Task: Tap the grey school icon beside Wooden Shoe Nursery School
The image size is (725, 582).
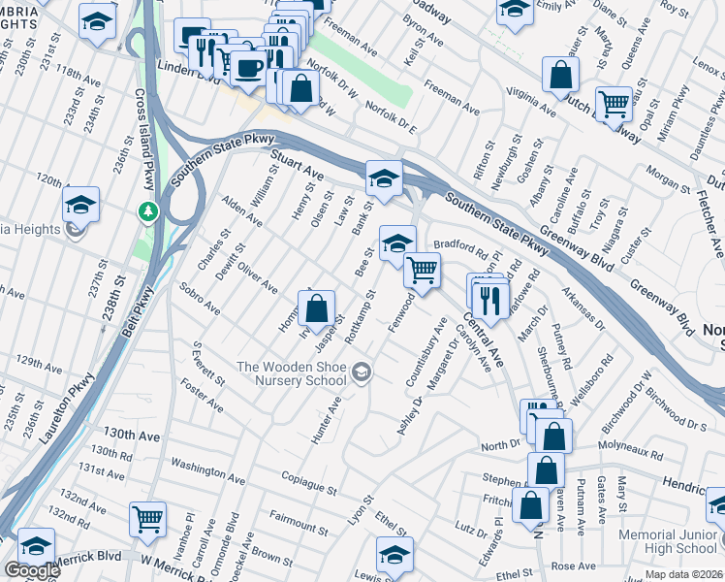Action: coord(362,372)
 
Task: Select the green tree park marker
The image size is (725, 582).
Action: coord(146,210)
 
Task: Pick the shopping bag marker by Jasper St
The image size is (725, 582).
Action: coord(317,308)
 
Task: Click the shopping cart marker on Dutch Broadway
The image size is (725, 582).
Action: coord(614,102)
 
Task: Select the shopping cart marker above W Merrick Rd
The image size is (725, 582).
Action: coord(147,518)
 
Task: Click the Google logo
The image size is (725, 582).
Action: coord(32,570)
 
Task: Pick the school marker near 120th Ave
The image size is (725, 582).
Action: coord(80,204)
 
